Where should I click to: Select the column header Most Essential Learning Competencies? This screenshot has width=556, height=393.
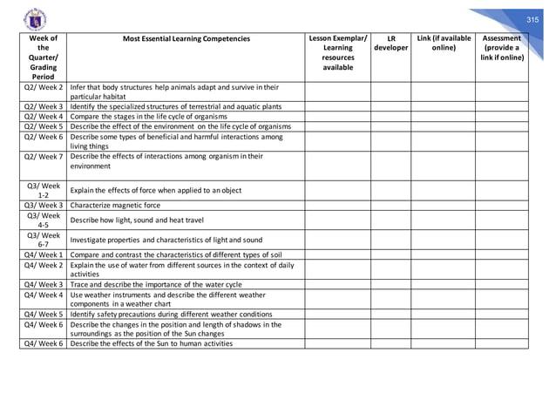tap(185, 39)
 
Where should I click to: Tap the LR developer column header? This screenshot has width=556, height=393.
tap(391, 44)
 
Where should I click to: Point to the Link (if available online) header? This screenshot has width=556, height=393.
tap(444, 44)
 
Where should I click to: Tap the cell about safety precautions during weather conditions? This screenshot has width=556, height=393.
tap(178, 313)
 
